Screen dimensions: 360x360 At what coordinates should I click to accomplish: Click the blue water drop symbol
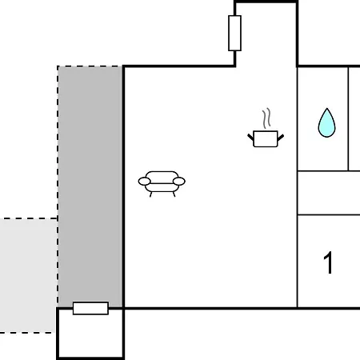326,124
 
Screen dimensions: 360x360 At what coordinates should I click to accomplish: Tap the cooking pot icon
266,138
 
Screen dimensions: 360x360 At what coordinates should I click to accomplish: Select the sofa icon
162,183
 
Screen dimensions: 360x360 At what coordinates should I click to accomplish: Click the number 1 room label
329,262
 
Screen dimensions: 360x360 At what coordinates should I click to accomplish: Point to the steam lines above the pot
266,118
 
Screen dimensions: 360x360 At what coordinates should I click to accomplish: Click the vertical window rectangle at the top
234,33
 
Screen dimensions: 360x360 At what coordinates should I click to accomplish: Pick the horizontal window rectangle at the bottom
90,308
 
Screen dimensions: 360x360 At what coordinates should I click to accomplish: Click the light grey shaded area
28,275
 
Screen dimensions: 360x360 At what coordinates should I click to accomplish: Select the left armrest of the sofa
144,182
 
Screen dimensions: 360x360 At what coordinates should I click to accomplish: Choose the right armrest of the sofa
179,182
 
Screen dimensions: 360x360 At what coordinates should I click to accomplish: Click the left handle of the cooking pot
250,138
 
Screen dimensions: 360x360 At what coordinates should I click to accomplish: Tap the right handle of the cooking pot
281,138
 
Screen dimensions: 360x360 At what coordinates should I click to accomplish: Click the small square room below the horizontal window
90,336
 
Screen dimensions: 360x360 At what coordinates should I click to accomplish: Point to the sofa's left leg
150,194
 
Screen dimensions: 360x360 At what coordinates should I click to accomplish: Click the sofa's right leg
174,194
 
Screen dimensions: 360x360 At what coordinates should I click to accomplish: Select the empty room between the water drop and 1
329,193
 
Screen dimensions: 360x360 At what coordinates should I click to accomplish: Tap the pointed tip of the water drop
327,108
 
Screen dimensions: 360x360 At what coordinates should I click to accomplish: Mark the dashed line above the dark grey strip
90,66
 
